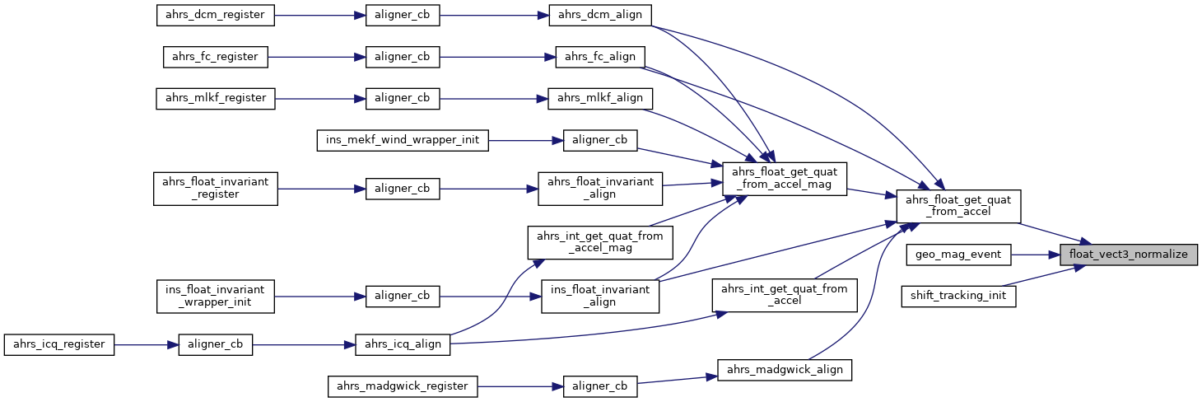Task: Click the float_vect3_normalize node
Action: (x=1128, y=255)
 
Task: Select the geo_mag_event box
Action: (x=958, y=255)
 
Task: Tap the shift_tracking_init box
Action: (x=958, y=296)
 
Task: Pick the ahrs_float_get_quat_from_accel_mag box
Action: (x=784, y=179)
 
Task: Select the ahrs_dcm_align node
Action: (x=600, y=15)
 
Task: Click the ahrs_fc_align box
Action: (x=600, y=57)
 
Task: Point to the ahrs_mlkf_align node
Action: (x=600, y=98)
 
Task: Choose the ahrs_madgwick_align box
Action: (x=784, y=369)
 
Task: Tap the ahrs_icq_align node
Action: (x=403, y=344)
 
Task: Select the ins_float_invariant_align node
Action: (x=600, y=296)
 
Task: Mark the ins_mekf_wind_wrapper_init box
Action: (x=403, y=139)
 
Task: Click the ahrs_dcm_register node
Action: (x=216, y=15)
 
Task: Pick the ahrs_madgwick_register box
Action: (x=403, y=386)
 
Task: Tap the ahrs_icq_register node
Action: (x=59, y=344)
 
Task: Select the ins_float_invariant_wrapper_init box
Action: (x=216, y=296)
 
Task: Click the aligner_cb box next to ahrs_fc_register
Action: (x=403, y=57)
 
